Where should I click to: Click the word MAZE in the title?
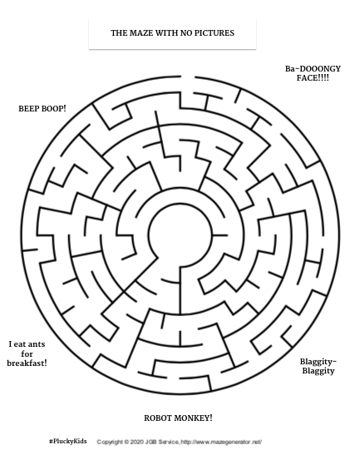[141, 33]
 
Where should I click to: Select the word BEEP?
[29, 109]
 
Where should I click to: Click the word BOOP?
[54, 109]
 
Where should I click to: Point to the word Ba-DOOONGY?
[313, 69]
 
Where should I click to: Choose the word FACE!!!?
[313, 78]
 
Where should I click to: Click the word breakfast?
[27, 364]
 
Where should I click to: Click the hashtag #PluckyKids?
[68, 441]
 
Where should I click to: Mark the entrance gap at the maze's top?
[188, 77]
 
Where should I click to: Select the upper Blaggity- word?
[318, 362]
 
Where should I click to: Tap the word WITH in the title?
[166, 33]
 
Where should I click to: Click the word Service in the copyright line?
[169, 442]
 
